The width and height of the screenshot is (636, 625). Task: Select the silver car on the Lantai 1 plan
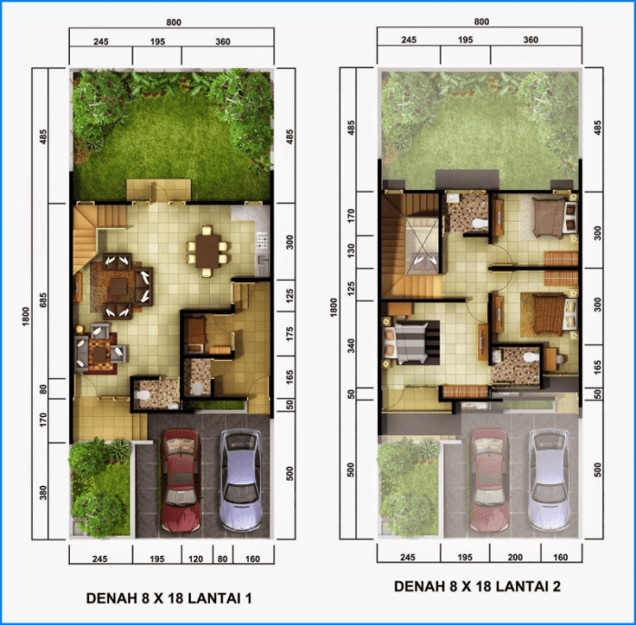pyautogui.click(x=241, y=480)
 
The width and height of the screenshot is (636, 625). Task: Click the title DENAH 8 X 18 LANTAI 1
pyautogui.click(x=168, y=599)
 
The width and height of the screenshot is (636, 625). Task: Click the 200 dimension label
pyautogui.click(x=514, y=559)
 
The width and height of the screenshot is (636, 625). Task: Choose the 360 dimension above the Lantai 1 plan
pyautogui.click(x=223, y=39)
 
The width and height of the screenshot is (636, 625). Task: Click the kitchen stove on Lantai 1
pyautogui.click(x=262, y=243)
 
